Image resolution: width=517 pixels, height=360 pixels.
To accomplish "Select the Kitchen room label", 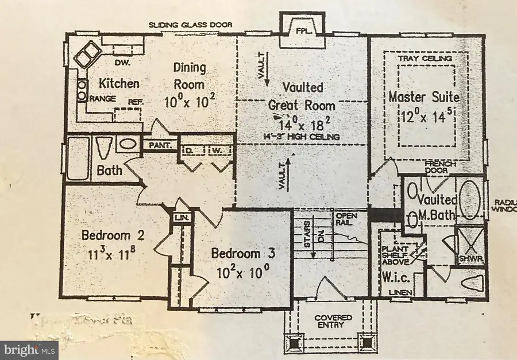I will click(x=118, y=83).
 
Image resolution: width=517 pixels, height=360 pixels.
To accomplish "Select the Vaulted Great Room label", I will click(x=303, y=96).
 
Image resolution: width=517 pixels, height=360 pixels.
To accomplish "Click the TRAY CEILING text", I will click(x=425, y=59).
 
